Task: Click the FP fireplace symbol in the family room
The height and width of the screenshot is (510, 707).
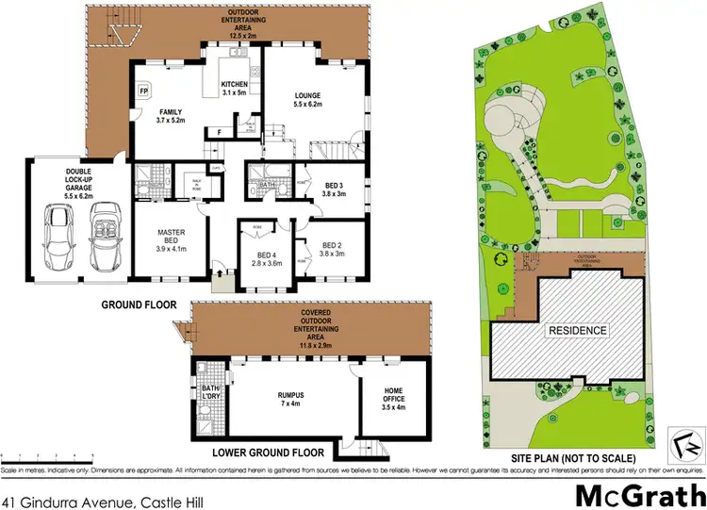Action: point(144,91)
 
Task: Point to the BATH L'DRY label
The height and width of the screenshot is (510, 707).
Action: point(209,390)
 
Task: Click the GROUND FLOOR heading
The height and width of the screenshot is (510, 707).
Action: point(138,305)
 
